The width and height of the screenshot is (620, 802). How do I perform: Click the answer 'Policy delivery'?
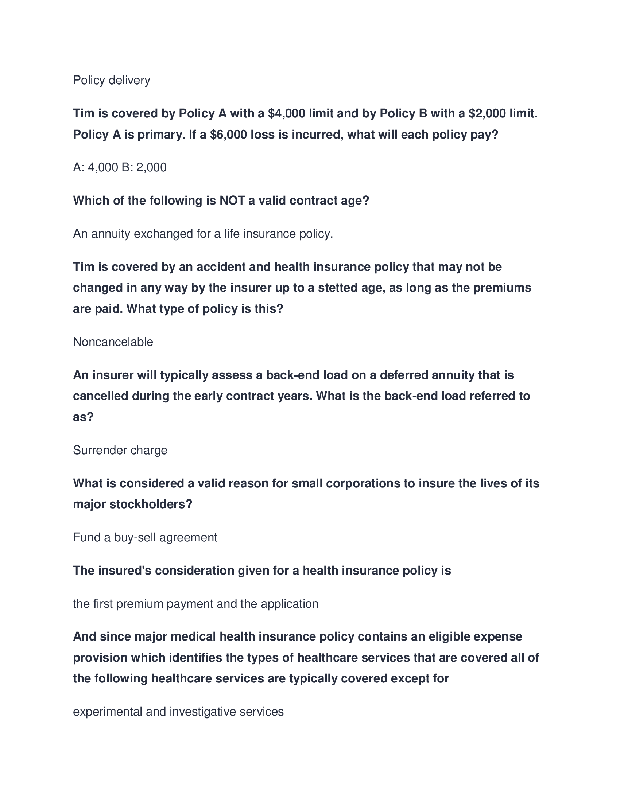(111, 80)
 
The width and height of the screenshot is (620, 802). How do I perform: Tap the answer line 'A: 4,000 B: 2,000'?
(120, 167)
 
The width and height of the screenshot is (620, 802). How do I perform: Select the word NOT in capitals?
(232, 200)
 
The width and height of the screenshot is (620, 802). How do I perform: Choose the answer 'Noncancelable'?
(113, 342)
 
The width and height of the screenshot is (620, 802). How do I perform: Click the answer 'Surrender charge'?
(120, 450)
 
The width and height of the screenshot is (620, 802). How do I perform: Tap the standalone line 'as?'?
(84, 417)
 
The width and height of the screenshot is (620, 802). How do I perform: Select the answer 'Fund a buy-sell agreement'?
(145, 537)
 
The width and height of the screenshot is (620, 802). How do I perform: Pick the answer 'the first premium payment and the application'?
(195, 604)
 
